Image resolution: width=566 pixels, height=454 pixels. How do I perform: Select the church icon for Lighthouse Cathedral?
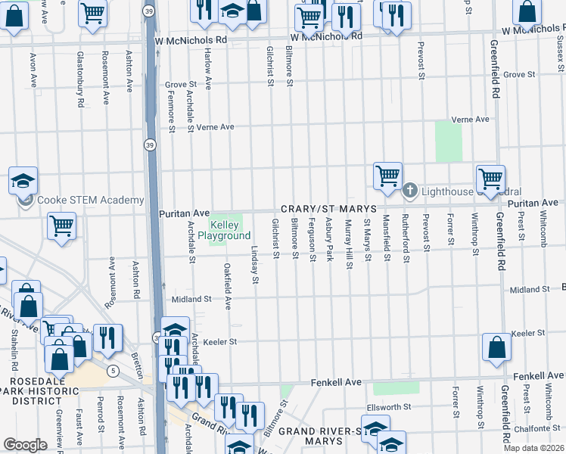(x=410, y=189)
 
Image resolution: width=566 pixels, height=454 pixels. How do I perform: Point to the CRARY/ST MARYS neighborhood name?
(x=327, y=209)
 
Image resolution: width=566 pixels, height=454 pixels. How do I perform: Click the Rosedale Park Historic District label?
(x=38, y=385)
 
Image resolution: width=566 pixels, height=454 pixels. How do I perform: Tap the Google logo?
(x=25, y=445)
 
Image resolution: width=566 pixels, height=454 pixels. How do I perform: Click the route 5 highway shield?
(x=112, y=371)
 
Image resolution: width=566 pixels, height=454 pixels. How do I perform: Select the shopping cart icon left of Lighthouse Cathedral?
(x=387, y=175)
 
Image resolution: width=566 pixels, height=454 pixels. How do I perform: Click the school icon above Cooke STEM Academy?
(x=23, y=180)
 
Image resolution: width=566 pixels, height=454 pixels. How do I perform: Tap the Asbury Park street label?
(x=329, y=240)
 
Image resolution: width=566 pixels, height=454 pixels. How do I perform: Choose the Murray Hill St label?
(x=348, y=244)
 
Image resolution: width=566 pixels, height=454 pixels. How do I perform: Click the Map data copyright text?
(x=533, y=448)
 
